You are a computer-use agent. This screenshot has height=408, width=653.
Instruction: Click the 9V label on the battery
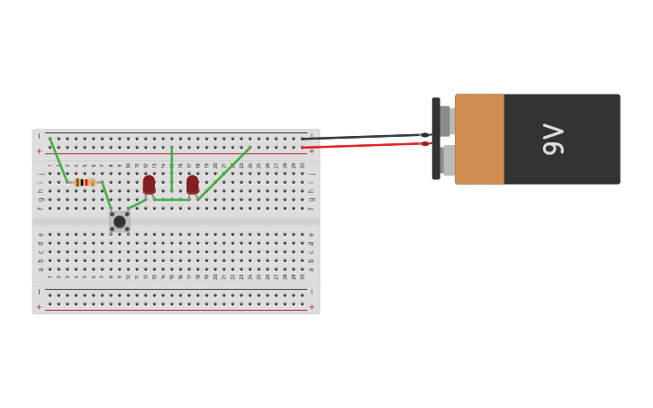[x=552, y=140]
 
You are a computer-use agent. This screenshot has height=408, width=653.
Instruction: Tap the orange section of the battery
[x=479, y=140]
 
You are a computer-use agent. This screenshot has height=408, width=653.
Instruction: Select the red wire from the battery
[x=360, y=145]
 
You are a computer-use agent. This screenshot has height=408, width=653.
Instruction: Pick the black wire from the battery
[x=360, y=137]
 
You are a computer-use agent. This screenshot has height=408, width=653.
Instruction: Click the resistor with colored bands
[x=85, y=182]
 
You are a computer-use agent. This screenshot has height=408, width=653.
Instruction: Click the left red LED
[x=149, y=185]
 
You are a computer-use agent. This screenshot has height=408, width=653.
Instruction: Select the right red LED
[x=192, y=185]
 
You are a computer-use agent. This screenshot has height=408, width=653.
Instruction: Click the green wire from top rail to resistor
[x=59, y=159]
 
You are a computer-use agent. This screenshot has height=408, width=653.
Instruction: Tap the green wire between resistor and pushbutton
[x=107, y=197]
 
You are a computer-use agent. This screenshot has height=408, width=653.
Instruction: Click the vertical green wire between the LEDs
[x=171, y=169]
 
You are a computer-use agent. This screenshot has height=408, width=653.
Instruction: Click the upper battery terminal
[x=446, y=121]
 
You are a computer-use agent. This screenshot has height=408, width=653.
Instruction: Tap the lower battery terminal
[x=447, y=160]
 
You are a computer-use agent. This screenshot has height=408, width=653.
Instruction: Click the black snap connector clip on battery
[x=436, y=139]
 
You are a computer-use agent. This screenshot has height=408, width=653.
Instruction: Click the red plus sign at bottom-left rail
[x=39, y=307]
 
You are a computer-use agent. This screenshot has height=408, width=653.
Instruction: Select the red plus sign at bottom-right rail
[x=312, y=307]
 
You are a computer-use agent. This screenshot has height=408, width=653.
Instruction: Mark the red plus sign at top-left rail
[x=39, y=151]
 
